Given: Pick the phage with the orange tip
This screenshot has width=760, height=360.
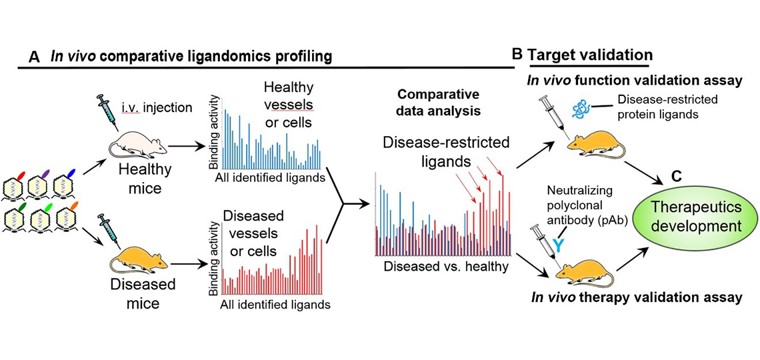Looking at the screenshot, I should (67, 217).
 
